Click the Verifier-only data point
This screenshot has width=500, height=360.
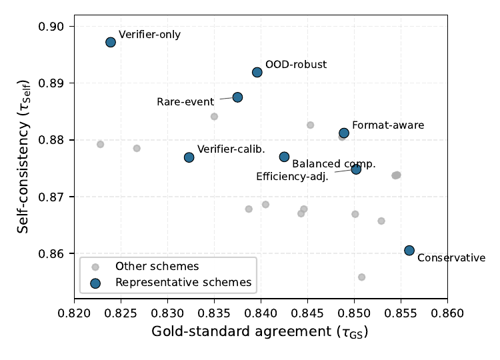point(111,42)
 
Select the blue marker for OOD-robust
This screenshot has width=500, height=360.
point(257,72)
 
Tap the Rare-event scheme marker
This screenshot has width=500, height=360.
point(237,97)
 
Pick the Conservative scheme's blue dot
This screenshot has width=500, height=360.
point(409,250)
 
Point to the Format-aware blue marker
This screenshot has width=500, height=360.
point(344,133)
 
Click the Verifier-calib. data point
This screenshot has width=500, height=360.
point(189,157)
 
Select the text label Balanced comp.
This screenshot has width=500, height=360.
point(334,163)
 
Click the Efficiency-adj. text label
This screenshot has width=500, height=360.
point(292,177)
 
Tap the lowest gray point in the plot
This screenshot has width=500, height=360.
point(361,277)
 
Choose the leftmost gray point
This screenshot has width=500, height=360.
point(100,144)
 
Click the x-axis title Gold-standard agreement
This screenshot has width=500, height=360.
point(260,331)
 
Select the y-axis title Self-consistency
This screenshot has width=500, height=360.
point(24,163)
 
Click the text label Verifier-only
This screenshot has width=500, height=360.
point(149,34)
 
